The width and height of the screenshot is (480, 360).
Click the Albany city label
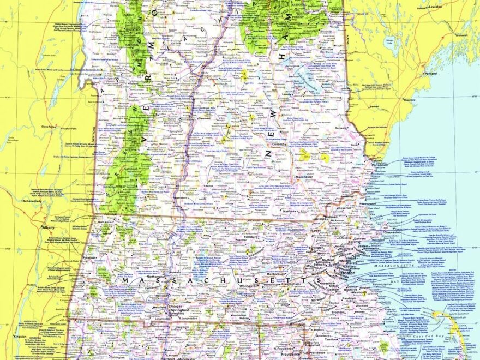point(50,227)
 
